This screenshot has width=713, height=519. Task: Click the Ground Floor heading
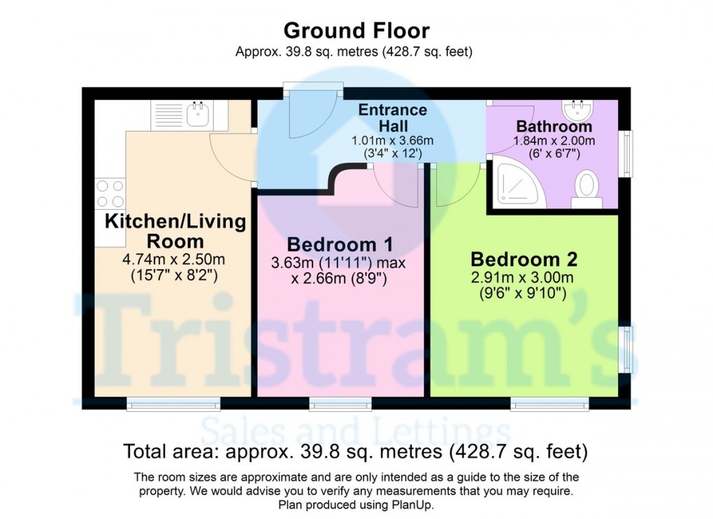click(x=356, y=31)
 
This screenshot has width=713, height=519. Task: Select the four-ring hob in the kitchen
click(x=110, y=193)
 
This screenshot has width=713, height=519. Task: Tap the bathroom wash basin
click(x=577, y=110)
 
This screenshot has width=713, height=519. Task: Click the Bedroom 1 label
click(x=340, y=245)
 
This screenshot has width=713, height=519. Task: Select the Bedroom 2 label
click(x=524, y=259)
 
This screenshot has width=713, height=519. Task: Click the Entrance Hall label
click(x=392, y=118)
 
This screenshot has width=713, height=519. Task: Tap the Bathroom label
click(x=554, y=127)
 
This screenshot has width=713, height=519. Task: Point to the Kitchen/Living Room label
click(x=175, y=232)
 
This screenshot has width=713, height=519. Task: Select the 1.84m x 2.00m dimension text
click(x=553, y=140)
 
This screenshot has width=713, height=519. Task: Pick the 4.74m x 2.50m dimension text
click(x=175, y=259)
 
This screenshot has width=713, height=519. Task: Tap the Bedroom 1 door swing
click(x=396, y=185)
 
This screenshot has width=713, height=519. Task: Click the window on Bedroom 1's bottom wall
click(x=340, y=403)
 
